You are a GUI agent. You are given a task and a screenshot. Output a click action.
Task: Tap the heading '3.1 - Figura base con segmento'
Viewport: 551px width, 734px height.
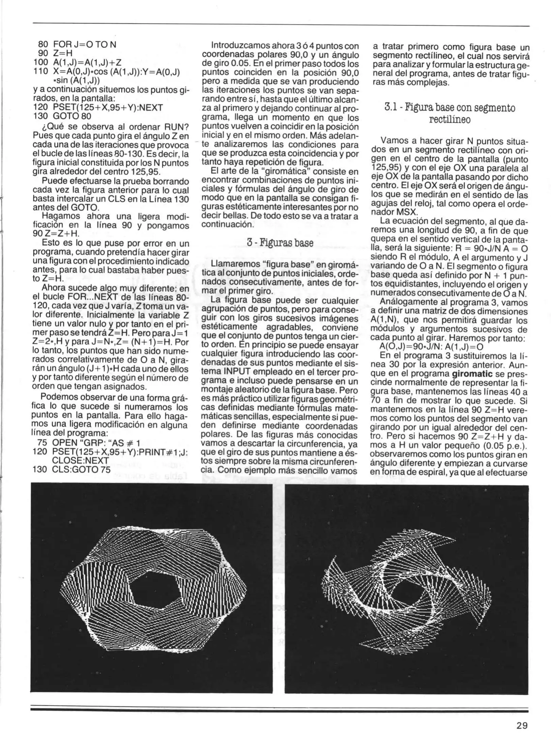coord(450,108)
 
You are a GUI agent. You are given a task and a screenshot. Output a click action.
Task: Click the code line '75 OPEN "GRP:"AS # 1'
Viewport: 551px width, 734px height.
coord(87,443)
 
